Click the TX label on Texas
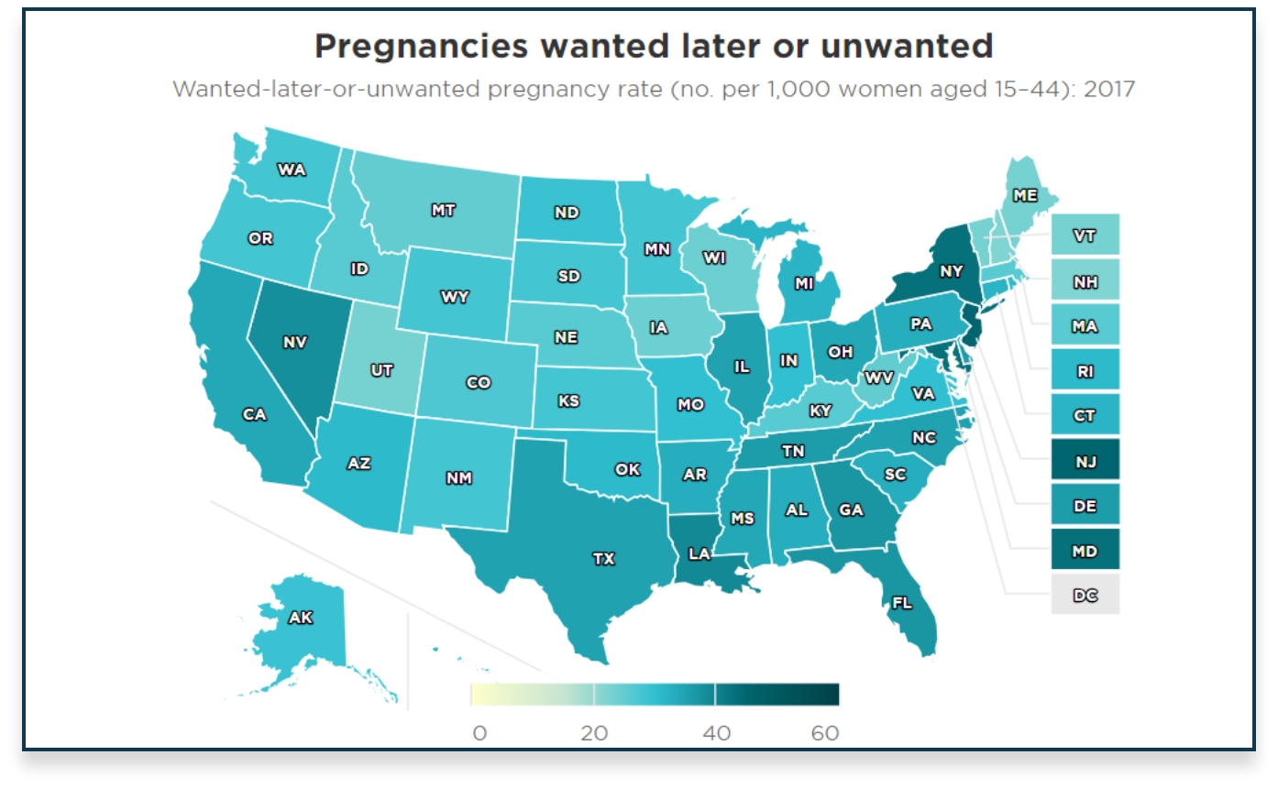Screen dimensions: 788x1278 tap(603, 558)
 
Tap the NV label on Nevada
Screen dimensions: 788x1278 tap(294, 342)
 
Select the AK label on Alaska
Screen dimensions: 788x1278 tap(301, 618)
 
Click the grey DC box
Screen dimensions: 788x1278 tap(1085, 596)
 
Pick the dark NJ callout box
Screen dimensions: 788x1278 tap(1085, 461)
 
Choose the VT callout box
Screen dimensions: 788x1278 tap(1085, 235)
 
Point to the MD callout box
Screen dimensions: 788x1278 tap(1085, 551)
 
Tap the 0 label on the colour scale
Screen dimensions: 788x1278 tap(479, 733)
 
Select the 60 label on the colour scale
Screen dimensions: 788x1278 tap(825, 733)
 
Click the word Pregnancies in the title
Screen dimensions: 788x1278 tap(422, 46)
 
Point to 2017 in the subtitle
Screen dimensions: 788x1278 tap(1109, 89)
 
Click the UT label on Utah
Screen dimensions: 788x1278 tap(381, 370)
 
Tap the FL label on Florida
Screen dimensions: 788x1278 tap(902, 603)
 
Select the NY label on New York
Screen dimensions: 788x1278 tap(951, 271)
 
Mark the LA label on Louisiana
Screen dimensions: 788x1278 tap(700, 553)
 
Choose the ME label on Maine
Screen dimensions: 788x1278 tap(1025, 195)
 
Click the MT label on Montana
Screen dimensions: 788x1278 tap(443, 210)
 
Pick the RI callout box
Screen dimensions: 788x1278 tap(1085, 371)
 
